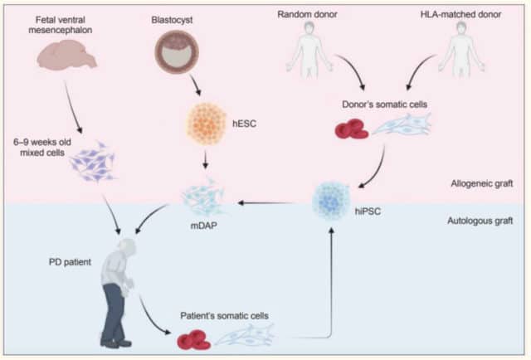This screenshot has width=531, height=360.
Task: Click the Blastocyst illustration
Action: tap(177, 51)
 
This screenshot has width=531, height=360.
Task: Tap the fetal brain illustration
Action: tap(66, 55)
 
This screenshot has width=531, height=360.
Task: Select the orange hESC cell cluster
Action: tap(207, 124)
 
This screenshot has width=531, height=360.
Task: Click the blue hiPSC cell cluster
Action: tap(331, 202)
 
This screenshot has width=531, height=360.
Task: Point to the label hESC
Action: tap(244, 124)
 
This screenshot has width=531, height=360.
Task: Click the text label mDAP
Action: tap(203, 226)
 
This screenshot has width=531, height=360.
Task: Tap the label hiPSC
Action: tap(368, 212)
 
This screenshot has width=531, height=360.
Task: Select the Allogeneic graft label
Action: tap(481, 183)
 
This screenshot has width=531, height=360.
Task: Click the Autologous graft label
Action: tap(480, 221)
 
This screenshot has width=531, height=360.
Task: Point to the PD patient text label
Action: tap(70, 262)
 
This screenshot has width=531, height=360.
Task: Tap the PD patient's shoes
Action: tap(116, 342)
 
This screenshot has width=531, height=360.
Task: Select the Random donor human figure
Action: tap(309, 51)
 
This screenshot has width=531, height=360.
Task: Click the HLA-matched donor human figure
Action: tap(461, 51)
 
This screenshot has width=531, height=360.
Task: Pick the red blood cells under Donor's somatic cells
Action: tap(352, 129)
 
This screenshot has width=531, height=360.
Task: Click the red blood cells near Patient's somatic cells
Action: tap(194, 340)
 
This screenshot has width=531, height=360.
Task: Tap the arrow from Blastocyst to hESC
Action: tap(195, 85)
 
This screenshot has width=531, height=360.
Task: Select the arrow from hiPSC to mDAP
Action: tap(265, 203)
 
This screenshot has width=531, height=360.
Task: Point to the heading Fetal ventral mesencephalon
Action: tap(61, 25)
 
